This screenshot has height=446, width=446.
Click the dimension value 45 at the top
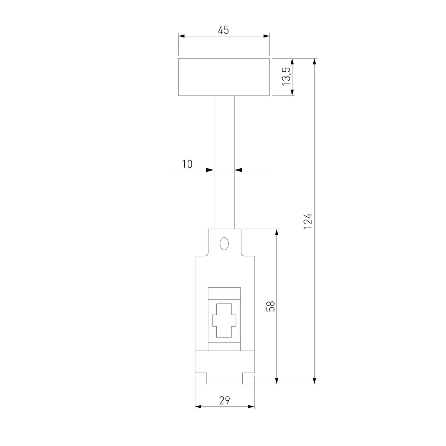point(223,30)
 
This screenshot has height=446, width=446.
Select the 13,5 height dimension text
point(286,77)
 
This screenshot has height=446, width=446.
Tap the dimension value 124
point(307,221)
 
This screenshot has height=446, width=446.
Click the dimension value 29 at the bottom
point(224,400)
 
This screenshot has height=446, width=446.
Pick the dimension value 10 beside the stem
point(187,164)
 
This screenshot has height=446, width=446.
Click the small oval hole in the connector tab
point(224,244)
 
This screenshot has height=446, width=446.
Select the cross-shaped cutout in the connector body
point(224,320)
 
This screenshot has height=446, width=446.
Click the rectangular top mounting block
point(224,77)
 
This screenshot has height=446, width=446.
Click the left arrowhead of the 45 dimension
point(182,36)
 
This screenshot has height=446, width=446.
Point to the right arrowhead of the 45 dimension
point(266,36)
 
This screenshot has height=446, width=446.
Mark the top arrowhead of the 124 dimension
point(315,62)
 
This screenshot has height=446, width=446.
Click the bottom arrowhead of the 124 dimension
point(315,381)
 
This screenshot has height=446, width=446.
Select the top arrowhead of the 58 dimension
point(277,232)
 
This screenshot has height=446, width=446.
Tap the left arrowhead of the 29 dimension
point(198,407)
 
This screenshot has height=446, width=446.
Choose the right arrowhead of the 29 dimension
point(251,407)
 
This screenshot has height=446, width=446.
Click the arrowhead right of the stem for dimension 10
point(238,170)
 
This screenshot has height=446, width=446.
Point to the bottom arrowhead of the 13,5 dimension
point(292,92)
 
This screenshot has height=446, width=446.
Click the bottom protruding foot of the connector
point(224,378)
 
